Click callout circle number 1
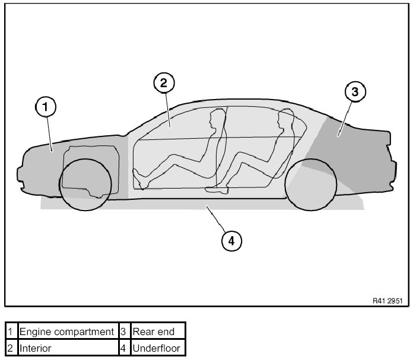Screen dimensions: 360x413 (46, 107)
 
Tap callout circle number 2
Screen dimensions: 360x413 (164, 82)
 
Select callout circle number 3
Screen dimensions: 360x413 (355, 91)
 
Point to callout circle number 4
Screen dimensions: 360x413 (231, 240)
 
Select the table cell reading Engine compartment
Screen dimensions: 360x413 (66, 332)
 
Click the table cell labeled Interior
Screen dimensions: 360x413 (66, 348)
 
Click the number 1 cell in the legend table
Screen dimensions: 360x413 (11, 332)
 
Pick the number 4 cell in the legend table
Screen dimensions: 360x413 (123, 348)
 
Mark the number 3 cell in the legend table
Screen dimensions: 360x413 (123, 332)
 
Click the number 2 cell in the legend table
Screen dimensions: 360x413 (11, 348)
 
